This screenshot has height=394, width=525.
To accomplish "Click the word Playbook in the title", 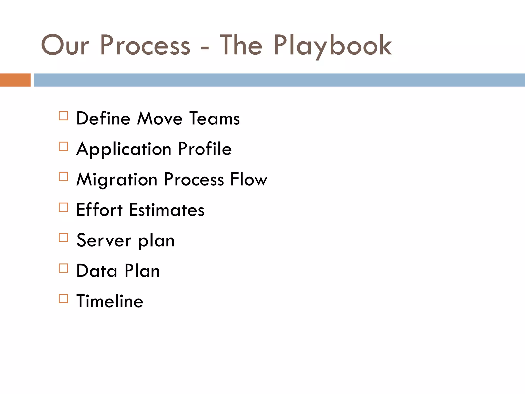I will coord(332,46).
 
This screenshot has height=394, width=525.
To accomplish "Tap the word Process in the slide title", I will coord(145,46).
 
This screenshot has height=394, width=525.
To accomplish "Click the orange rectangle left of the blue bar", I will coord(15,80).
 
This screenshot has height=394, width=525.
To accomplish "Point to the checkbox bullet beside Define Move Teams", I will coord(63,116).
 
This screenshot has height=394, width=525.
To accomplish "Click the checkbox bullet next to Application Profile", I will coord(63,146).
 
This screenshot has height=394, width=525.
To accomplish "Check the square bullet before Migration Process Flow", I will coord(63,177).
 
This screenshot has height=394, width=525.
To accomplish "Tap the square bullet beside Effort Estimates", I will coord(63,207).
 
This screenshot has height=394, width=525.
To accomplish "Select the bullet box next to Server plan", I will coord(63,238).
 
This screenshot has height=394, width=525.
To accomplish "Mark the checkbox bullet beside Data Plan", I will coord(63,268).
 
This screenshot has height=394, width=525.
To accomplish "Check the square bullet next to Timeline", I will coord(63,299).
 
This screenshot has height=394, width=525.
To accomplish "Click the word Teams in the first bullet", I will coord(215,119).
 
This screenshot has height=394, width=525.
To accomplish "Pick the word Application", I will coord(124,149).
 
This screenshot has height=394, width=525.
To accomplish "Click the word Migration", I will coord(117,180).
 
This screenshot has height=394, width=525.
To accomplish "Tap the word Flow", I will coord(249,179).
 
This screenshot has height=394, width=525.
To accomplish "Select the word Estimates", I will coord(167,210).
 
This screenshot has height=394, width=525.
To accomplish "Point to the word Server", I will coord(104,240).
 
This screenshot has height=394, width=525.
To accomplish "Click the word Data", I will coord(97,271).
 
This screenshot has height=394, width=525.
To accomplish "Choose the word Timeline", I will coord(110,301).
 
